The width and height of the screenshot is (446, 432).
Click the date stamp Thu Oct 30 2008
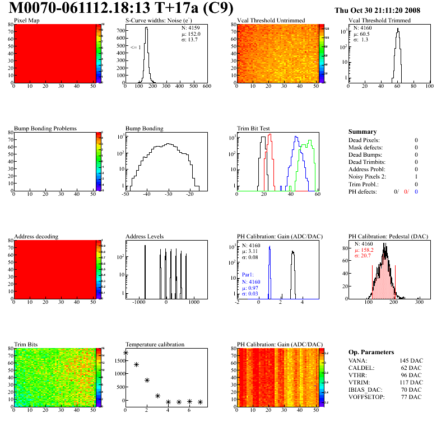point(377,10)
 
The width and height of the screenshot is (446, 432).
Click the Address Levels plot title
point(145,236)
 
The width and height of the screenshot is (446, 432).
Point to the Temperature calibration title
point(155,344)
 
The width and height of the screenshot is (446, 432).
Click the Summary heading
point(362,132)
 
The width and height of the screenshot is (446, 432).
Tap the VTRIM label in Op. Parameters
point(358,382)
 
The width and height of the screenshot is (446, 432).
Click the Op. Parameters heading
point(371,352)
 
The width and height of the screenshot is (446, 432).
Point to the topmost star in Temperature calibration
point(126,353)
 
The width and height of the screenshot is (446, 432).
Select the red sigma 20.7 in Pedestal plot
point(364,255)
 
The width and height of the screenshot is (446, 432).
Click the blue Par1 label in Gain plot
point(248,275)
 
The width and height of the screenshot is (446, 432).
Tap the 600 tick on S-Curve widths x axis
point(206,87)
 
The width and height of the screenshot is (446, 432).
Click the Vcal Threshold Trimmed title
point(379,21)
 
